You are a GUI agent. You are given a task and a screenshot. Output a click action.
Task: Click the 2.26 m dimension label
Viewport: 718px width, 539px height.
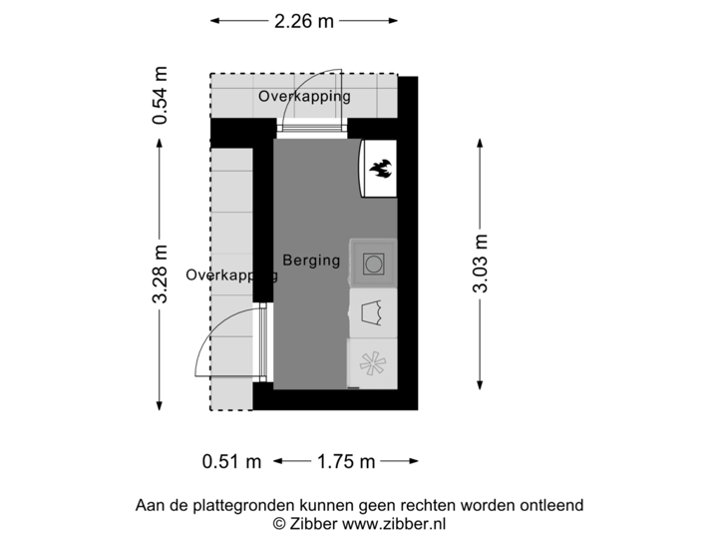click(x=304, y=20)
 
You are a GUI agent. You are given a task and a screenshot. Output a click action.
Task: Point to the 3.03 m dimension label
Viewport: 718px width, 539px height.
click(x=482, y=264)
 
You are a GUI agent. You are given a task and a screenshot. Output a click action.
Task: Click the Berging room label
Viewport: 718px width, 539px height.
click(x=311, y=261)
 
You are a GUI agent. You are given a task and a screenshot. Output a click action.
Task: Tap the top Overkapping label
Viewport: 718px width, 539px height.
click(x=304, y=97)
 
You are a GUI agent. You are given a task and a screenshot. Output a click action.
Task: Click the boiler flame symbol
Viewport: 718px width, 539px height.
click(x=379, y=170)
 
